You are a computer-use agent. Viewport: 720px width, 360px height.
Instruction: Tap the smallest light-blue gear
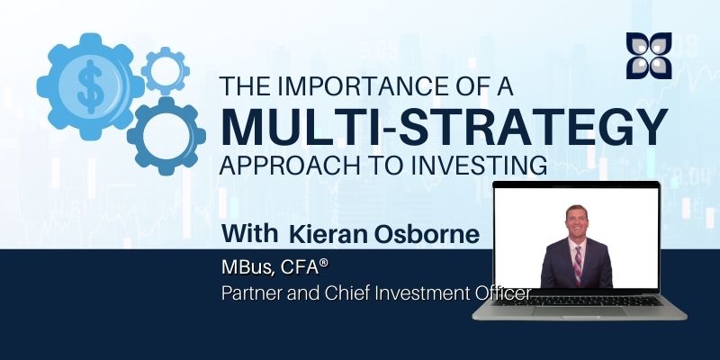point(166,71)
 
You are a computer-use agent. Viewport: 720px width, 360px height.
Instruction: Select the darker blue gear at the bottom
point(166,136)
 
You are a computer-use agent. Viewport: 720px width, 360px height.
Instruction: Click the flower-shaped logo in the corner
point(649,55)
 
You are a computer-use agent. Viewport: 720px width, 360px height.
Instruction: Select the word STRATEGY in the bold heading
point(533,127)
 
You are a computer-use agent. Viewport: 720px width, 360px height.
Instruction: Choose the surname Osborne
point(427,234)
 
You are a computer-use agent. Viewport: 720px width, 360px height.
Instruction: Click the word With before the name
point(250,234)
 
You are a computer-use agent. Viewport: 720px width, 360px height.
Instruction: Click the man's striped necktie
point(578,265)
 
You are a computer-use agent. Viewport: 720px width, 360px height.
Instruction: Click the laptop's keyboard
point(580,301)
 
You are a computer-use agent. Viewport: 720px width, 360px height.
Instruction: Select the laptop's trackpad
point(580,311)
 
